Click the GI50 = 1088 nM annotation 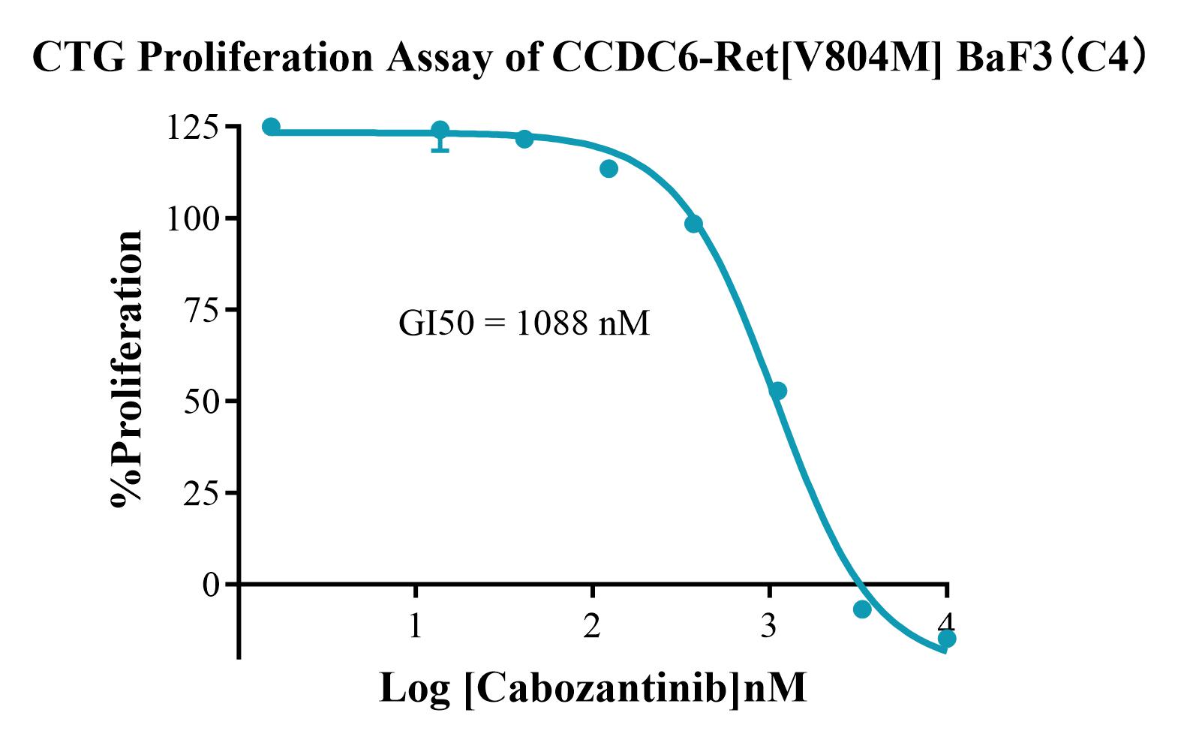pyautogui.click(x=524, y=323)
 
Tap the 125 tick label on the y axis pyautogui.click(x=193, y=127)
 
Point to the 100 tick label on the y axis pyautogui.click(x=193, y=218)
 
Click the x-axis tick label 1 pyautogui.click(x=416, y=624)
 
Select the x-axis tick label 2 pyautogui.click(x=593, y=624)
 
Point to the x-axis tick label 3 pyautogui.click(x=769, y=624)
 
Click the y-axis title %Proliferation pyautogui.click(x=126, y=369)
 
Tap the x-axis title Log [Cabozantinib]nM pyautogui.click(x=593, y=687)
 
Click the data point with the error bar pyautogui.click(x=440, y=131)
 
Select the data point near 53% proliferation pyautogui.click(x=778, y=391)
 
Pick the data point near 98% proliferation pyautogui.click(x=693, y=224)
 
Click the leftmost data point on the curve pyautogui.click(x=271, y=127)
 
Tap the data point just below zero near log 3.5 pyautogui.click(x=862, y=609)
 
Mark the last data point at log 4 pyautogui.click(x=947, y=639)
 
